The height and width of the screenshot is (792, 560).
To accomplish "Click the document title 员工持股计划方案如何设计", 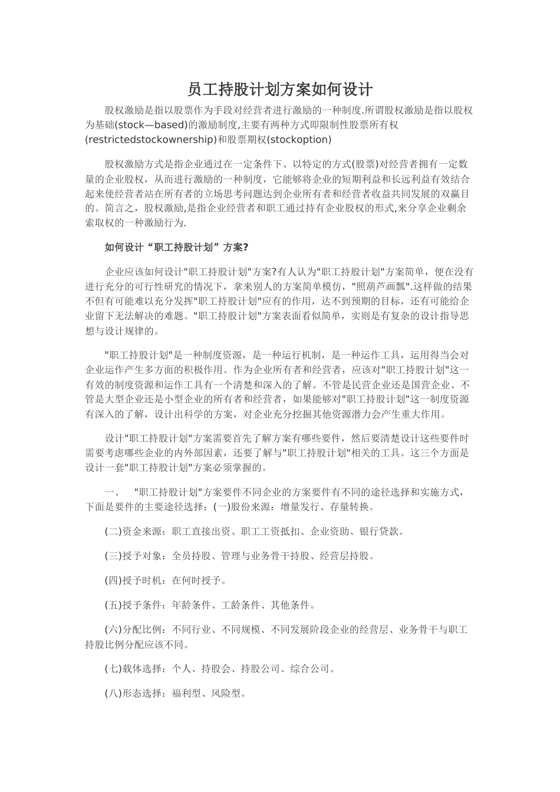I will (x=280, y=90).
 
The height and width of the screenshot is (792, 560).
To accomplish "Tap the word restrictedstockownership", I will (x=151, y=140).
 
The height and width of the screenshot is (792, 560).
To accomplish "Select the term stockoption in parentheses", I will (x=299, y=140).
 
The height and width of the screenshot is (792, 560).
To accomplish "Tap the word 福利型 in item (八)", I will (x=186, y=694).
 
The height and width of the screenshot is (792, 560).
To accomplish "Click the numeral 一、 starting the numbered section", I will (x=113, y=493).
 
